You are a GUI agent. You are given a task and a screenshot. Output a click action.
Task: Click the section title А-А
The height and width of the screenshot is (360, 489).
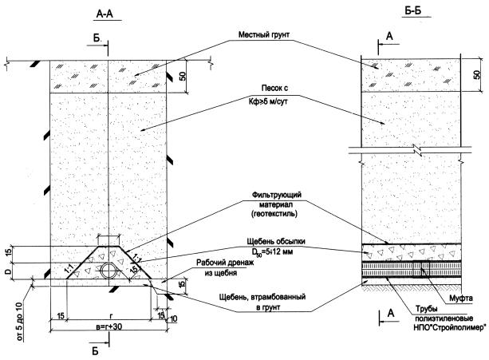click(x=105, y=14)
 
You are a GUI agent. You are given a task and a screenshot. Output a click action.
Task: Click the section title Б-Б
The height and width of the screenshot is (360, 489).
click(x=413, y=11)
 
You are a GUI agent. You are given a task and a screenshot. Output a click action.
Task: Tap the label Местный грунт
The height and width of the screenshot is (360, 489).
click(x=264, y=34)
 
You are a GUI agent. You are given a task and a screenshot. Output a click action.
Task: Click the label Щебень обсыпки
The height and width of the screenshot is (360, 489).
click(x=276, y=241)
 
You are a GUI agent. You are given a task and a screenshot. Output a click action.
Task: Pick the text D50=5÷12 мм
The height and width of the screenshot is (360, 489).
click(x=270, y=251)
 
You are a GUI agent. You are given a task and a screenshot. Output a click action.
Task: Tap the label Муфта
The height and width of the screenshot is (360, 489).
click(x=460, y=298)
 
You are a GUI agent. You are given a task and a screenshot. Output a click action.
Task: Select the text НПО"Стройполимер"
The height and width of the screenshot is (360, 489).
click(x=450, y=327)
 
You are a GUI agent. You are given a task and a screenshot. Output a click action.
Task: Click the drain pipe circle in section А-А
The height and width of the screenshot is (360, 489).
click(x=108, y=270)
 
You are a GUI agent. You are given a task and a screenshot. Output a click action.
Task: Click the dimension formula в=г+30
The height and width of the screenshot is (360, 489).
click(x=109, y=326)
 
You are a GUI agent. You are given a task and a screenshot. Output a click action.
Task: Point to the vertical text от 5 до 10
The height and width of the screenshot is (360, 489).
click(x=19, y=322)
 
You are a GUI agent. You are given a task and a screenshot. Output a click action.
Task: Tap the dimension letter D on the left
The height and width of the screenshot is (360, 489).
click(x=9, y=271)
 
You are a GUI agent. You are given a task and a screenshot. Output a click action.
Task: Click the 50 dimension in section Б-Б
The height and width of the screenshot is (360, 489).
click(x=477, y=74)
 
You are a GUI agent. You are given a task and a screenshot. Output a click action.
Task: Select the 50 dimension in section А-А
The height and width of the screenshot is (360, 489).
click(x=183, y=76)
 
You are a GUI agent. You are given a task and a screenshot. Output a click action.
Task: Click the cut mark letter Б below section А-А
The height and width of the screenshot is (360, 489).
click(x=95, y=350)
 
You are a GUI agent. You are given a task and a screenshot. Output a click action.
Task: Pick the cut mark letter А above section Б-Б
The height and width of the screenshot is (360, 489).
click(x=389, y=36)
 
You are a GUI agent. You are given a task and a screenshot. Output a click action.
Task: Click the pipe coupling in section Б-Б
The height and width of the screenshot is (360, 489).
click(x=421, y=269)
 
